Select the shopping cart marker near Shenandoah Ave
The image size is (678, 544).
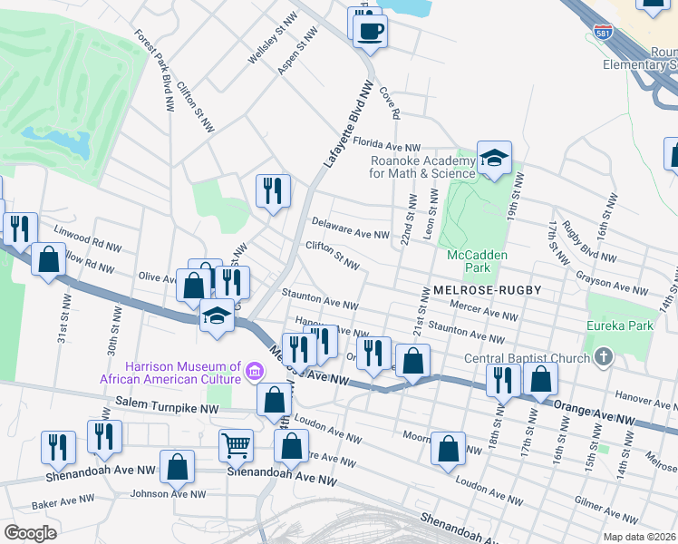(x=236, y=445)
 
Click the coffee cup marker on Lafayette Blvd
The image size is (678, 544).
(x=369, y=32)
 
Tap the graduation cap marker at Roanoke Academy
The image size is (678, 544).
(x=494, y=159)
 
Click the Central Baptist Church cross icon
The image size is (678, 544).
(x=602, y=357)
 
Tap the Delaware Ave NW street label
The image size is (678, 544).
(x=350, y=227)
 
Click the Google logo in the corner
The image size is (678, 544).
(x=30, y=533)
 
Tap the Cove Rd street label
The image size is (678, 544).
(x=390, y=102)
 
